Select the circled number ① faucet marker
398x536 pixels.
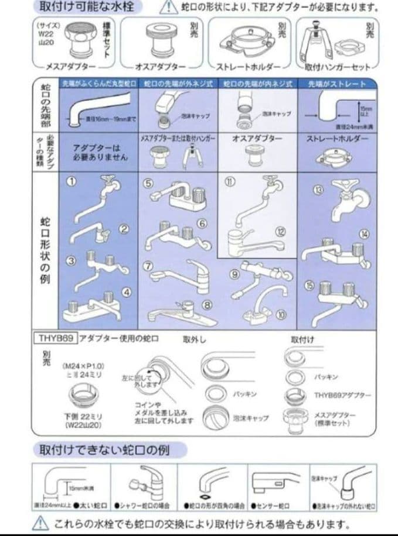70,181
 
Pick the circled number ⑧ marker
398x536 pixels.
206,304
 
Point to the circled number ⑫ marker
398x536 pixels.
280,232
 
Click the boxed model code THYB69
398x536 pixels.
54,339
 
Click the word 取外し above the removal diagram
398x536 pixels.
194,339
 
